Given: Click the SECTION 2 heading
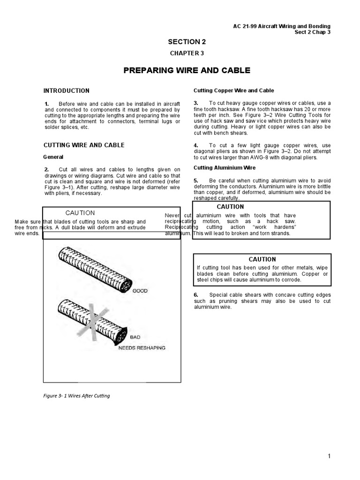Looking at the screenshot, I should coord(187,42).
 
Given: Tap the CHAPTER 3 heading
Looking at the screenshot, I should coord(187,53).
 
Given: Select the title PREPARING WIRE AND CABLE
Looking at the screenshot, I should coord(187,71).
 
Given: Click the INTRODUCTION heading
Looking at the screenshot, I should coord(67,90).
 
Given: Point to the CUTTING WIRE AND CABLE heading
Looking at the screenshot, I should coord(84,145).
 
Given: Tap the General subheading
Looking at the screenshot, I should coord(53,157).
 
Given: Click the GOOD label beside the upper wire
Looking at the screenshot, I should coord(140,291).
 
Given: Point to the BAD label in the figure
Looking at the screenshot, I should coord(135,337).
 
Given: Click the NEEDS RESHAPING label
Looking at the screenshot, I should coord(142,348).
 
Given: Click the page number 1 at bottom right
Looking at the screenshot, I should coord(343,456).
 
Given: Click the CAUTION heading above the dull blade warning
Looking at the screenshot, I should coord(80,213).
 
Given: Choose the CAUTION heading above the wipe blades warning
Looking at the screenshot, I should coord(262,259).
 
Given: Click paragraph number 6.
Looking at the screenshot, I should coord(196,294).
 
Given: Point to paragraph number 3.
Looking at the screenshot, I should coord(196,103).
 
